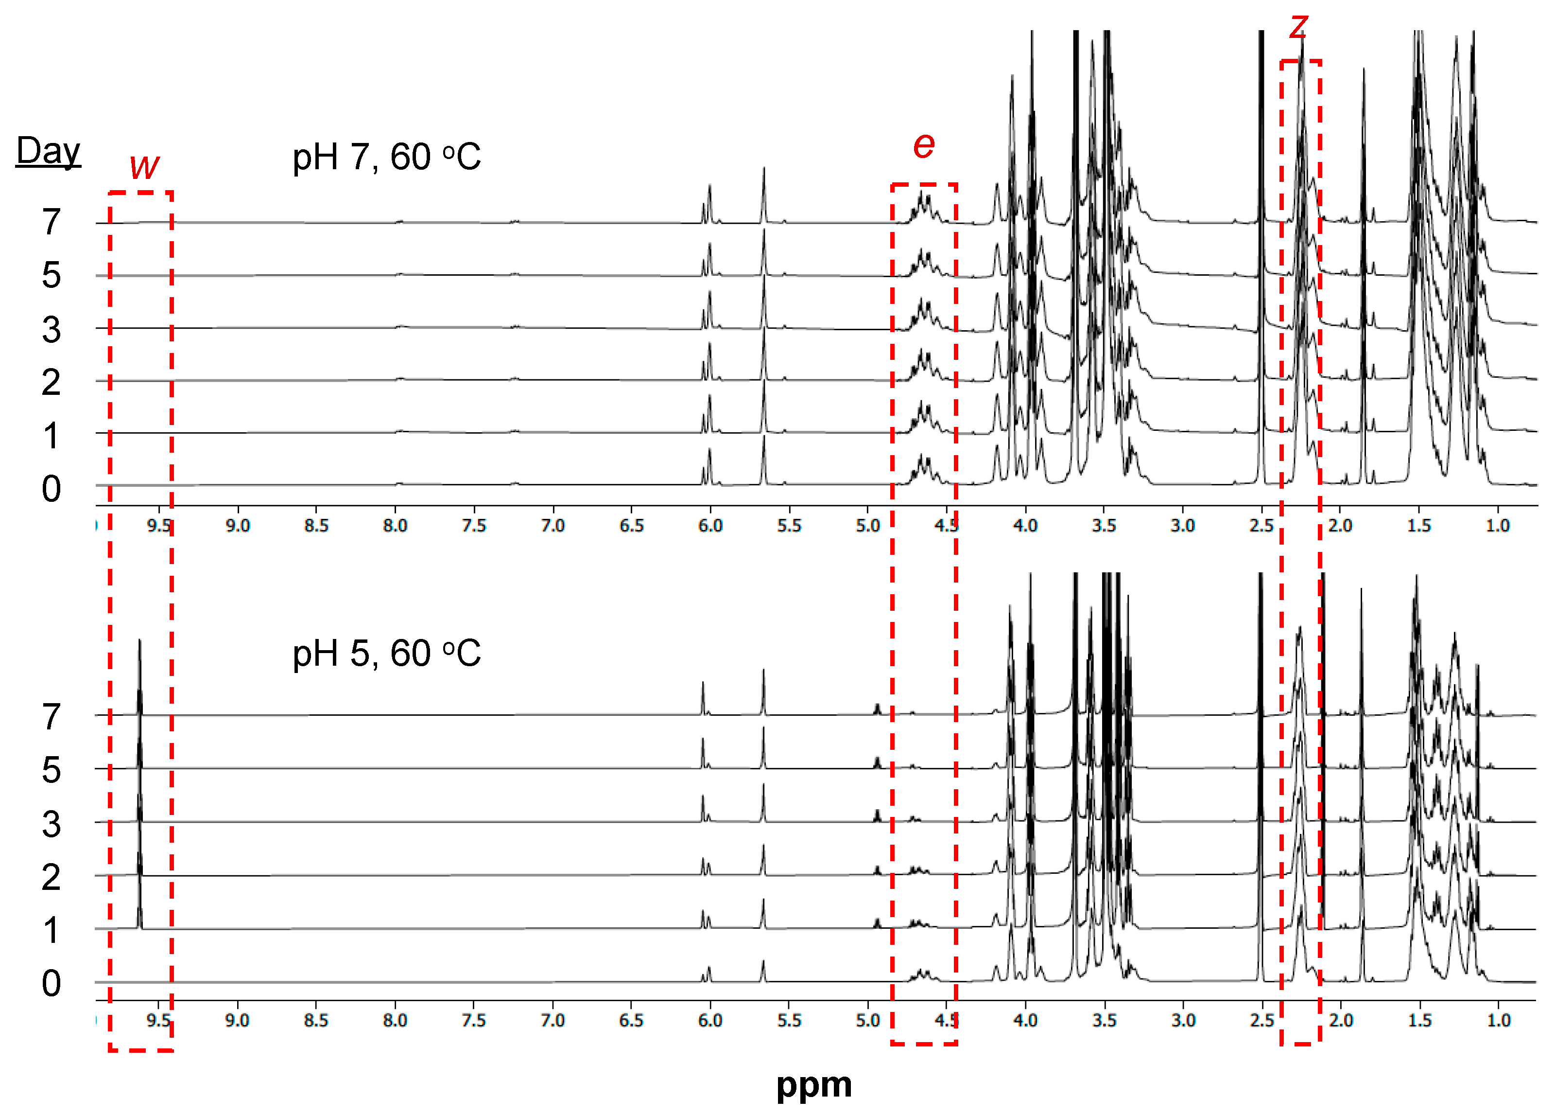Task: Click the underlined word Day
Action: [48, 151]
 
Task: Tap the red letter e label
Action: [924, 145]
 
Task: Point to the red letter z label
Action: [1298, 26]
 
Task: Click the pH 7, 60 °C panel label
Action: [386, 157]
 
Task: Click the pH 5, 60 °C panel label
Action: [386, 653]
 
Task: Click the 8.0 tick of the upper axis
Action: [395, 526]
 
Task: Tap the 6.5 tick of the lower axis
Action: [631, 1021]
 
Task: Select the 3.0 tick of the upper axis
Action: [1183, 526]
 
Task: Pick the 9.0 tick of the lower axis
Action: [237, 1021]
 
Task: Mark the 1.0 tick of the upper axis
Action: [1497, 526]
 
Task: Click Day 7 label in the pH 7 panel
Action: [52, 222]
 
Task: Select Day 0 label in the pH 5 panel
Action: [52, 983]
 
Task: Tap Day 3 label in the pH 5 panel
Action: [52, 824]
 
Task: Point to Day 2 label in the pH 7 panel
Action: [52, 382]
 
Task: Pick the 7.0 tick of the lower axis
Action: [553, 1021]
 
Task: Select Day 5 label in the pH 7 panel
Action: [52, 275]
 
